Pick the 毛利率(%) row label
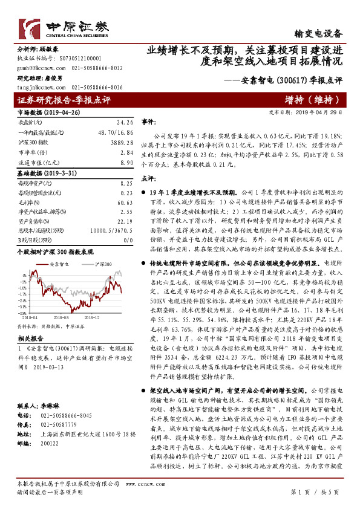(x=28, y=203)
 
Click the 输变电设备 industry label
(x=318, y=34)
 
